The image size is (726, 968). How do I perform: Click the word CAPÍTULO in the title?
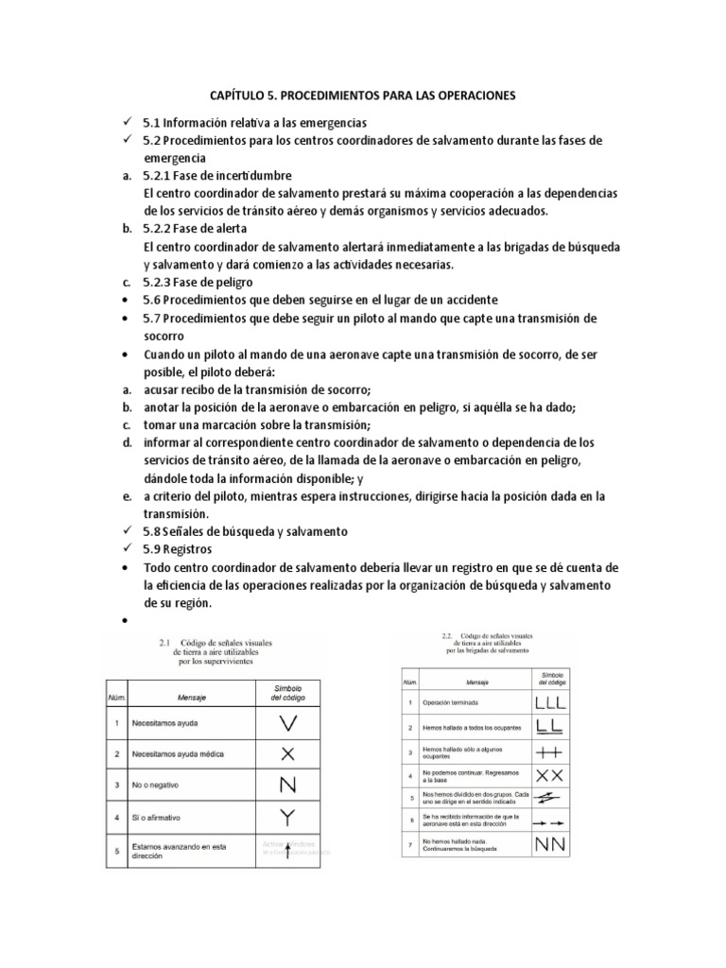237,96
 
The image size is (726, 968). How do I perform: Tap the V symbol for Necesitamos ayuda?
290,724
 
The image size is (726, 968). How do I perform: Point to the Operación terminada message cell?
452,704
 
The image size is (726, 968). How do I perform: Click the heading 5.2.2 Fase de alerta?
195,229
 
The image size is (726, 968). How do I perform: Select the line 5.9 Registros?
178,550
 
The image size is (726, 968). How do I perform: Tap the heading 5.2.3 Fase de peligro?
198,282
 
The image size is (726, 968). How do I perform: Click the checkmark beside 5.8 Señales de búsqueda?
127,532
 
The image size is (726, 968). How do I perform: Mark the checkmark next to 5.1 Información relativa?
127,123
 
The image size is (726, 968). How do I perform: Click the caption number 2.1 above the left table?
167,643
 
